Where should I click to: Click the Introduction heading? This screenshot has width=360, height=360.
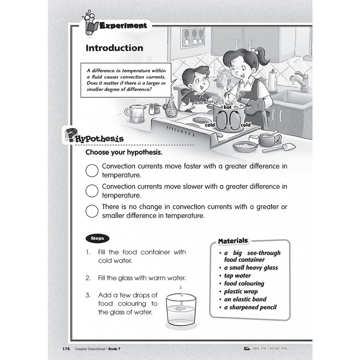pyautogui.click(x=114, y=48)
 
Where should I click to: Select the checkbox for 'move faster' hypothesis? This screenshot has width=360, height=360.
pyautogui.click(x=92, y=170)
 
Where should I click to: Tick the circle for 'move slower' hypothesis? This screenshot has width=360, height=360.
pyautogui.click(x=92, y=191)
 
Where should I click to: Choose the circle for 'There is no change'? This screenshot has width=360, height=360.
pyautogui.click(x=92, y=211)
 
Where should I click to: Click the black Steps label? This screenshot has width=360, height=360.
pyautogui.click(x=97, y=238)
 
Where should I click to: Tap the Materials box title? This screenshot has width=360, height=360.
pyautogui.click(x=233, y=241)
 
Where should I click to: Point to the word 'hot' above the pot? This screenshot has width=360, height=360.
pyautogui.click(x=228, y=107)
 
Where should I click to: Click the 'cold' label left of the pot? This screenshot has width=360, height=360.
pyautogui.click(x=210, y=125)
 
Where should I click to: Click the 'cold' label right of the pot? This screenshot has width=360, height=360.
pyautogui.click(x=246, y=125)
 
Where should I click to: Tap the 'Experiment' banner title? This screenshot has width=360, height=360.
pyautogui.click(x=123, y=26)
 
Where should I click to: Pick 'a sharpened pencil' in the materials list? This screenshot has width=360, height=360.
pyautogui.click(x=250, y=307)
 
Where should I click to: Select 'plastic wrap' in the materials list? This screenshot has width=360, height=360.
pyautogui.click(x=241, y=291)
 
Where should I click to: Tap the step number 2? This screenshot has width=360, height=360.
pyautogui.click(x=88, y=278)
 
